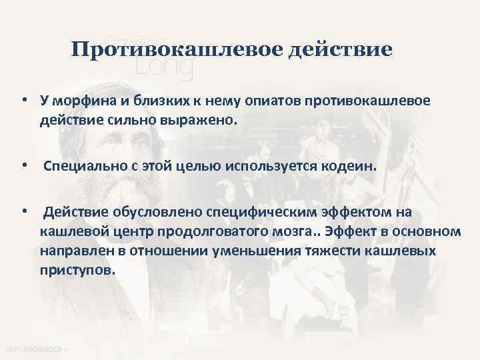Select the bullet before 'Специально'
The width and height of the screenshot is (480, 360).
pos(23,164)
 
